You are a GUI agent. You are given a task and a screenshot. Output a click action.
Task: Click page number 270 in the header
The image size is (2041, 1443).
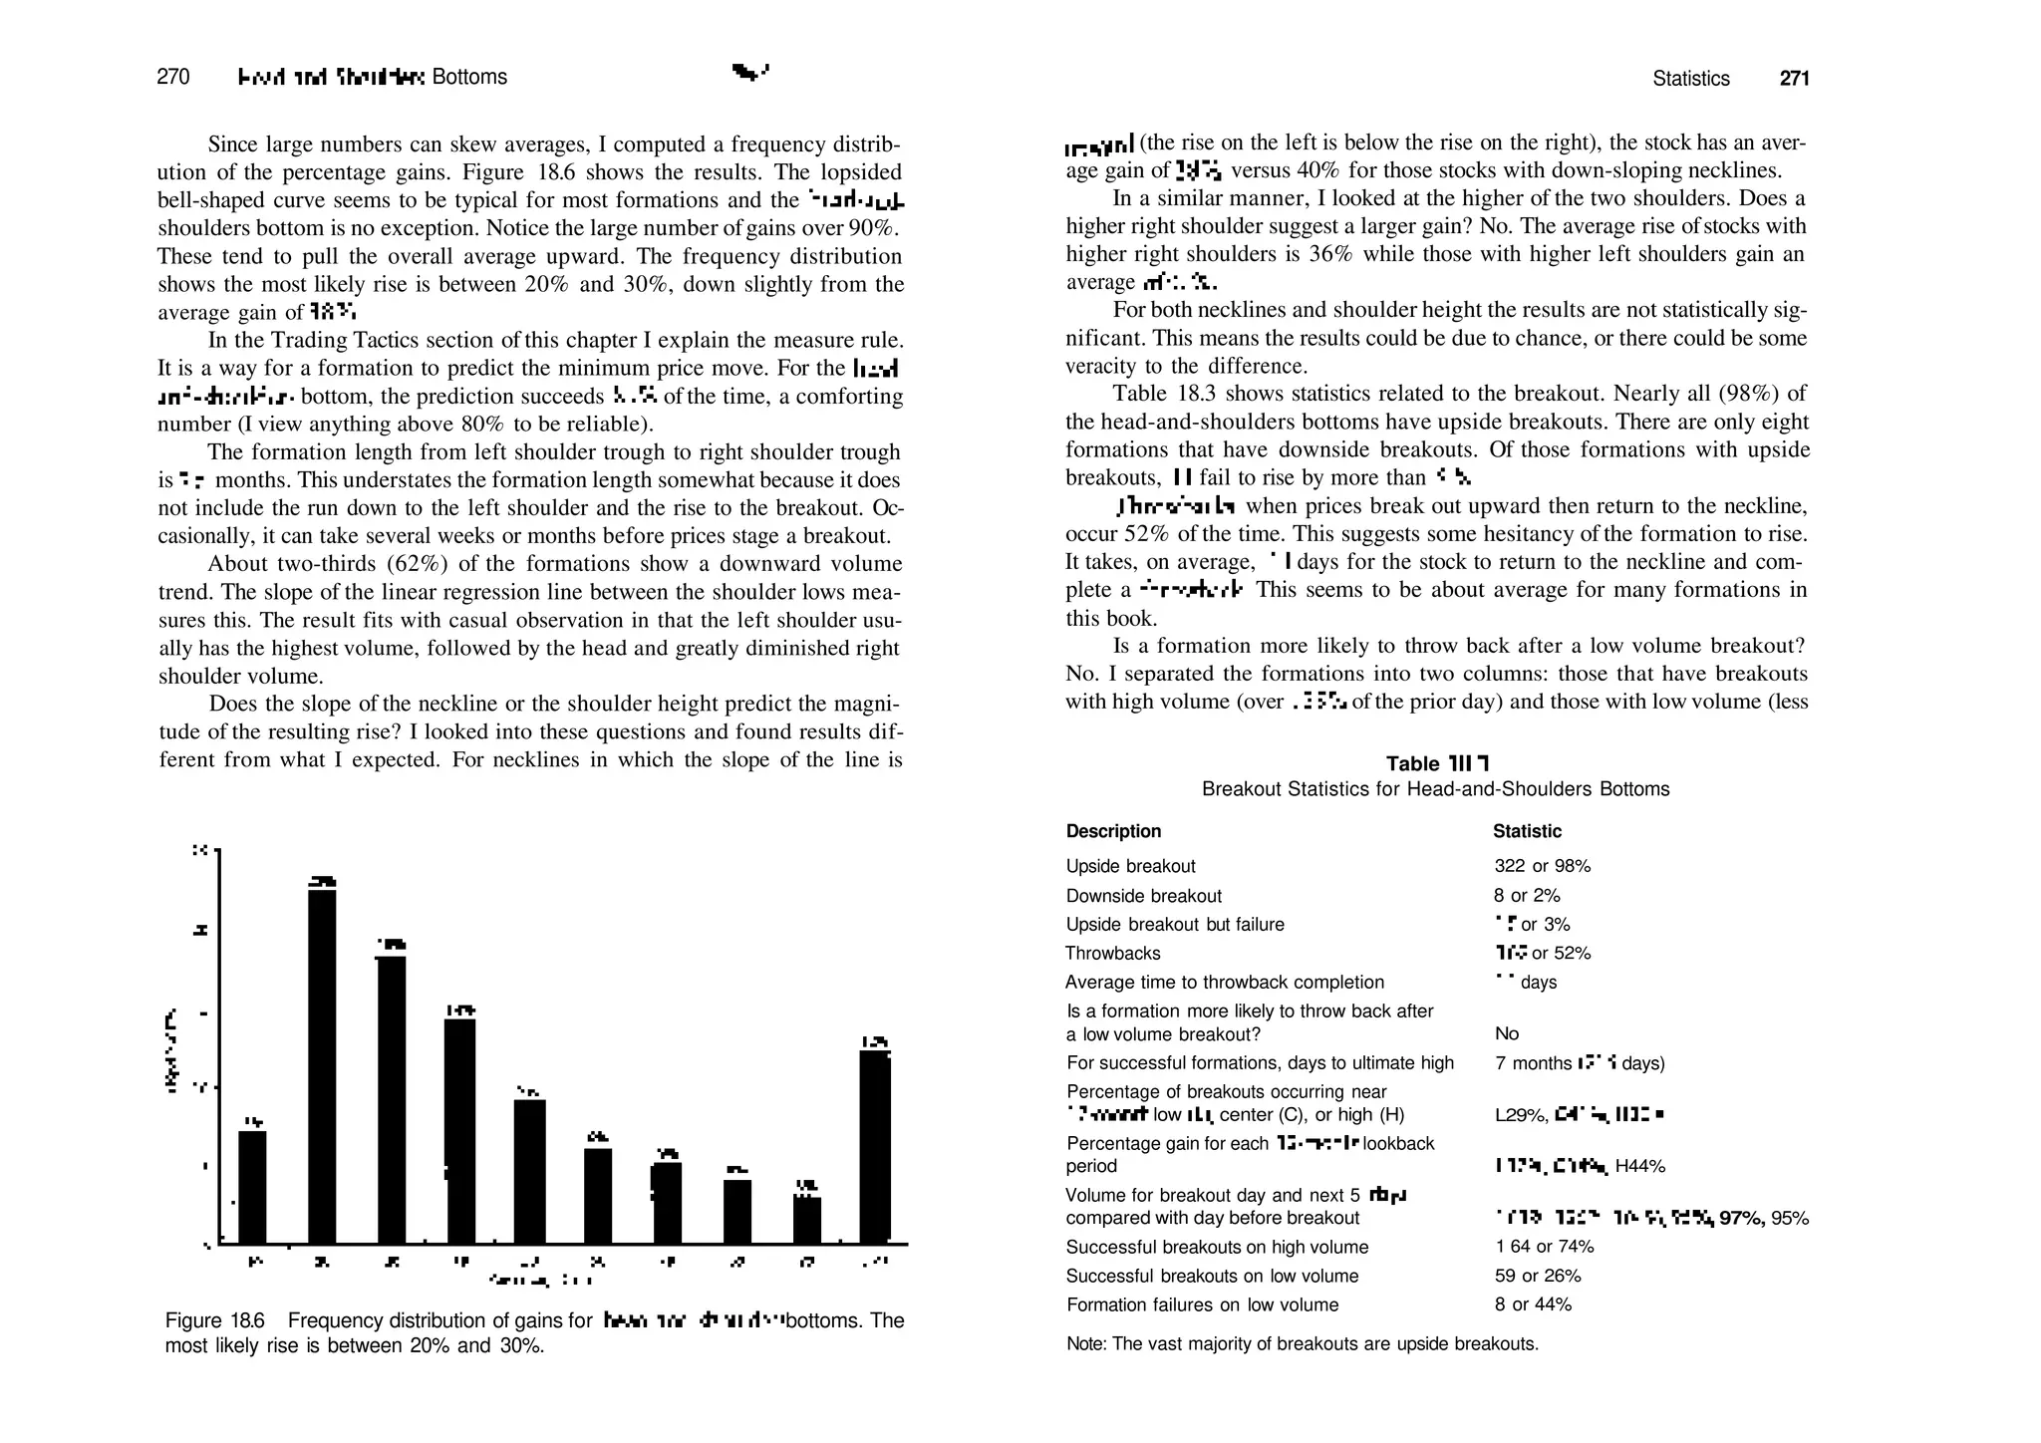pyautogui.click(x=173, y=77)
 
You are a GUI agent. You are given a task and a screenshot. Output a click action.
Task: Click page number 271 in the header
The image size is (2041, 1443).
pyautogui.click(x=1794, y=79)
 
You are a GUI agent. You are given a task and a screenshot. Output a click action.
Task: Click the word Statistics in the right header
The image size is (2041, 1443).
pyautogui.click(x=1691, y=79)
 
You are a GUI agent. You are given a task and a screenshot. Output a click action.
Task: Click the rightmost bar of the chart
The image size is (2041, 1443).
pyautogui.click(x=875, y=1146)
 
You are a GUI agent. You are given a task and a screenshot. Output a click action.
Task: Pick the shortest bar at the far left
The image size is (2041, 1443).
pyautogui.click(x=253, y=1186)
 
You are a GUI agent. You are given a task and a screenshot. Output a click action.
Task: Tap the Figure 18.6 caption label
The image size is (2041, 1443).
pyautogui.click(x=214, y=1320)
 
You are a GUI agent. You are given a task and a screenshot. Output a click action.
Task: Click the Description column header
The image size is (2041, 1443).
pyautogui.click(x=1113, y=831)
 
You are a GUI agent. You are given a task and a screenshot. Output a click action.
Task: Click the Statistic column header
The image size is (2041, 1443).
pyautogui.click(x=1527, y=831)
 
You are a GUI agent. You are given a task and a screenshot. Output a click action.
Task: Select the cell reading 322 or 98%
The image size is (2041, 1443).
pyautogui.click(x=1542, y=866)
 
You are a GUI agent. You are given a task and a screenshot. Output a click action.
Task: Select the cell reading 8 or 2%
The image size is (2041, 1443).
pyautogui.click(x=1527, y=896)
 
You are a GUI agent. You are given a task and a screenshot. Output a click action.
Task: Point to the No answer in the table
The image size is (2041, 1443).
pyautogui.click(x=1507, y=1033)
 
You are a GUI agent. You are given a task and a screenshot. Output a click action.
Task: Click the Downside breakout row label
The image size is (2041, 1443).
pyautogui.click(x=1143, y=896)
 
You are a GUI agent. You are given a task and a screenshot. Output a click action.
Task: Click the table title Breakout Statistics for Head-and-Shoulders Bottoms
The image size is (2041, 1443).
pyautogui.click(x=1435, y=789)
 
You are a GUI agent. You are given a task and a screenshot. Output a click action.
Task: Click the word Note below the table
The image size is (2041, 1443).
pyautogui.click(x=1085, y=1343)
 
